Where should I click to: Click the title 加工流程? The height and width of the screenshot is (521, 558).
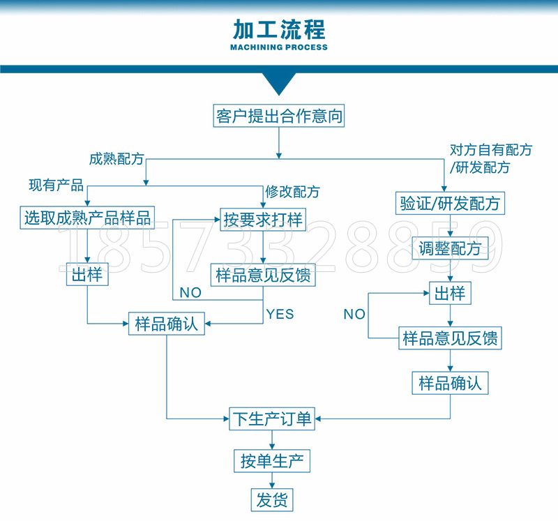coord(278,30)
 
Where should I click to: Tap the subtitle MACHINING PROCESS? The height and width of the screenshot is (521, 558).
coord(278,47)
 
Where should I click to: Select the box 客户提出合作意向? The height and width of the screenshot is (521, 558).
coord(279,116)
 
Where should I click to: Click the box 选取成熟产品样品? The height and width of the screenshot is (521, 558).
coord(87,217)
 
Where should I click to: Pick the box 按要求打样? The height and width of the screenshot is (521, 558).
coord(263,220)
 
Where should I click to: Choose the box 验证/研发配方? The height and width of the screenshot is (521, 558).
coord(449,204)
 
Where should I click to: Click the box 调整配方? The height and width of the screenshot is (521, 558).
coord(450,248)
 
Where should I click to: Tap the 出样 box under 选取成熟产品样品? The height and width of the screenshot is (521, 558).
coord(87,274)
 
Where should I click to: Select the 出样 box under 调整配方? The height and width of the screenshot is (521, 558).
coord(450,293)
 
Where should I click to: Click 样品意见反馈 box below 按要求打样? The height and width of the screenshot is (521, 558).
coord(263,275)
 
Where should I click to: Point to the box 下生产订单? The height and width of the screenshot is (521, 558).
coord(272,418)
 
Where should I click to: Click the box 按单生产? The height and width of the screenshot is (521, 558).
coord(271,461)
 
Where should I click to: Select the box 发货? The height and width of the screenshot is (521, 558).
coord(272,499)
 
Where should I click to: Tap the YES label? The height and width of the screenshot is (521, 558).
coord(280,314)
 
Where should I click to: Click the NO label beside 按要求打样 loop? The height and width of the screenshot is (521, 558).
coord(190,292)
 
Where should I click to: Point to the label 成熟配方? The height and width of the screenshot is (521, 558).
coord(116,158)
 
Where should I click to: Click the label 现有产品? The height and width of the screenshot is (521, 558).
coord(56,185)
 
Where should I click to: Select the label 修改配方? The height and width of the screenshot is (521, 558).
coord(292,192)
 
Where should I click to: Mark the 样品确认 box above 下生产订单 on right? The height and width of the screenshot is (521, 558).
coord(450,383)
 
